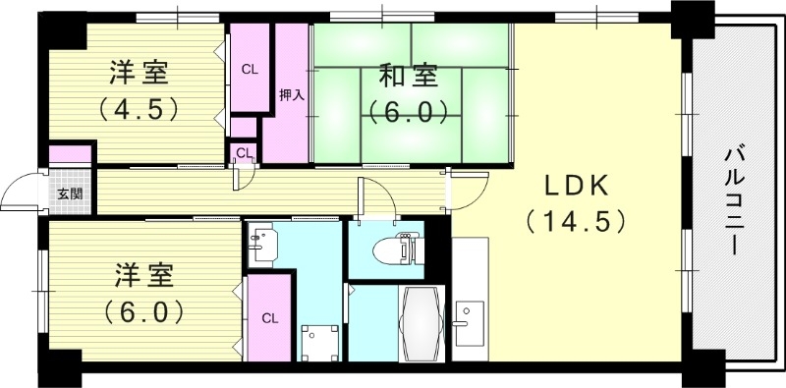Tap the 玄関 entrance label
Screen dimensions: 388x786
[70, 193]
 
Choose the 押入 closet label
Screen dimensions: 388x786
[292, 94]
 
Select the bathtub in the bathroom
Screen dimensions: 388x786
[421, 323]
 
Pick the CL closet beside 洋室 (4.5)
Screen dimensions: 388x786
[250, 69]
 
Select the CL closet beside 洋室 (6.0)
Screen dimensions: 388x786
[268, 318]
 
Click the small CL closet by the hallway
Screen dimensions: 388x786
[243, 152]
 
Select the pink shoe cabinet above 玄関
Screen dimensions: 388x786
[69, 154]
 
